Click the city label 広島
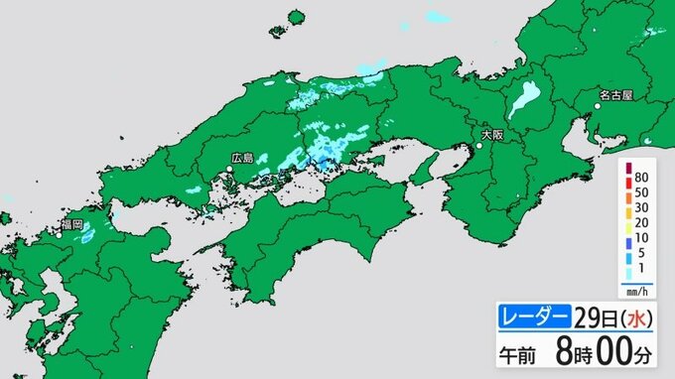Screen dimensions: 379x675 point(242,158)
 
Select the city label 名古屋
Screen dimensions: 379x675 point(615,96)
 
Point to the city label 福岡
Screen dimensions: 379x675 point(70,225)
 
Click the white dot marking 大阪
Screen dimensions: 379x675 point(478,147)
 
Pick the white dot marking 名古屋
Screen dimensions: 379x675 point(596,107)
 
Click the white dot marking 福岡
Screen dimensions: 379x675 point(61,235)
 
